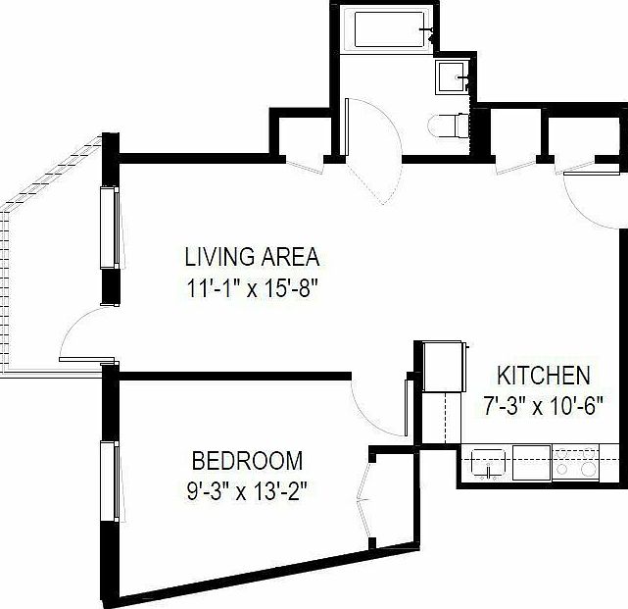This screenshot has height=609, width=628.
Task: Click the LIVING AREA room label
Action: coord(252,258)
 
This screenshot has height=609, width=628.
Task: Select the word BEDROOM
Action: coord(246,460)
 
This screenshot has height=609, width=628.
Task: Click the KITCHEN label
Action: coord(543,375)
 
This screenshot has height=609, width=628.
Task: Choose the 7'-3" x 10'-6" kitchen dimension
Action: coord(543,403)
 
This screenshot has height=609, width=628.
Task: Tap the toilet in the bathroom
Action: coord(449,125)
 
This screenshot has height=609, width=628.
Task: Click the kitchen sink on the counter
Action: coord(487,463)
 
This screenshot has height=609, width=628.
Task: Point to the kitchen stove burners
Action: coord(577,464)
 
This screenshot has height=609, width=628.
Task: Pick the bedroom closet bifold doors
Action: coord(366,500)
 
